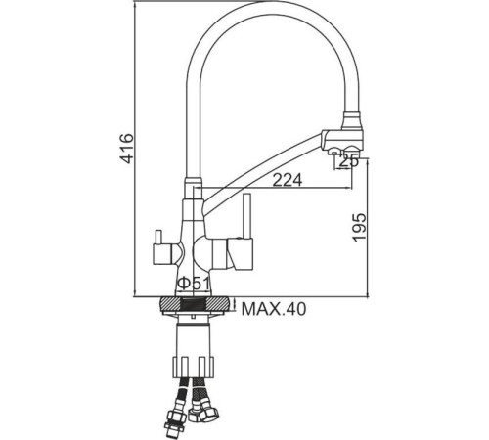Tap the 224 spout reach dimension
coord(286,179)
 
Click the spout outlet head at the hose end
coord(344,134)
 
